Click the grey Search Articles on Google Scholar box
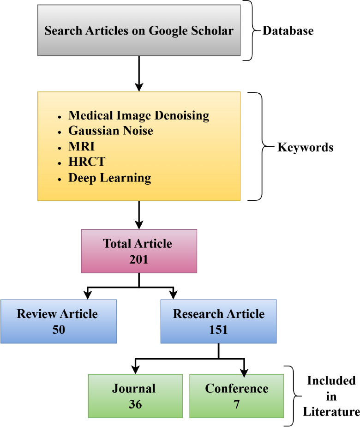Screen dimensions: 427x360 click(x=139, y=31)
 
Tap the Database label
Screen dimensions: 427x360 click(x=288, y=31)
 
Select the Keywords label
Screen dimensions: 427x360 click(x=305, y=148)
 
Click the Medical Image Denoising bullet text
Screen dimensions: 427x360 click(x=138, y=115)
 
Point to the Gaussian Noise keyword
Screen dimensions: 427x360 click(x=111, y=131)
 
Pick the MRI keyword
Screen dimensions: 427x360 click(x=79, y=147)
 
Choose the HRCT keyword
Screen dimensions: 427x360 click(x=82, y=162)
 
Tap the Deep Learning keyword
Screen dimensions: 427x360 click(x=110, y=178)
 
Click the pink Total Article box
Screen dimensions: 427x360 click(x=138, y=251)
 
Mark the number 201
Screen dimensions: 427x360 click(x=138, y=259)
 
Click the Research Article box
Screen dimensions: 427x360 click(x=218, y=321)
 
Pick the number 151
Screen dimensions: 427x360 click(x=218, y=330)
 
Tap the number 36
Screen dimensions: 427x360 click(x=135, y=404)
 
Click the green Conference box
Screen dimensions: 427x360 click(x=236, y=396)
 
